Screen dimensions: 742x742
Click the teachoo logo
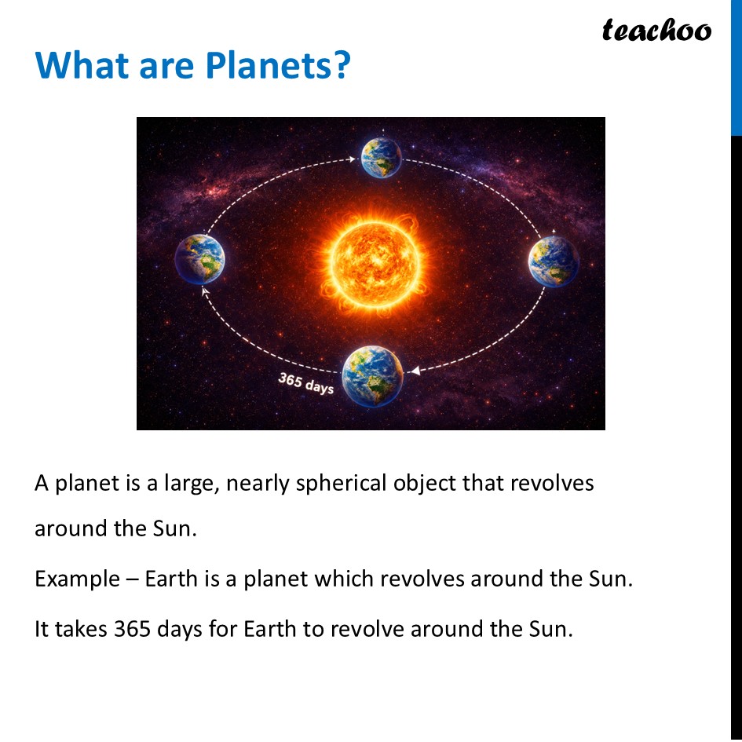(656, 30)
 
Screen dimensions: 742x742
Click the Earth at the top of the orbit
(381, 158)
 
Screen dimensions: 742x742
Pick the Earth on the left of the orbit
(199, 259)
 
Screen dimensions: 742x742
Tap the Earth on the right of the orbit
(553, 261)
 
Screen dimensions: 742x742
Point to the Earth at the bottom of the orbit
(372, 376)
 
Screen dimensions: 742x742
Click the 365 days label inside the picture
(305, 383)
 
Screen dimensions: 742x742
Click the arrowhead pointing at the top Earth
(352, 159)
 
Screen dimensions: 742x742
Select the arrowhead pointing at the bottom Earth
(415, 370)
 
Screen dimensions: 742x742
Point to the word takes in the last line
(79, 629)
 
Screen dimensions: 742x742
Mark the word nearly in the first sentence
(258, 484)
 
